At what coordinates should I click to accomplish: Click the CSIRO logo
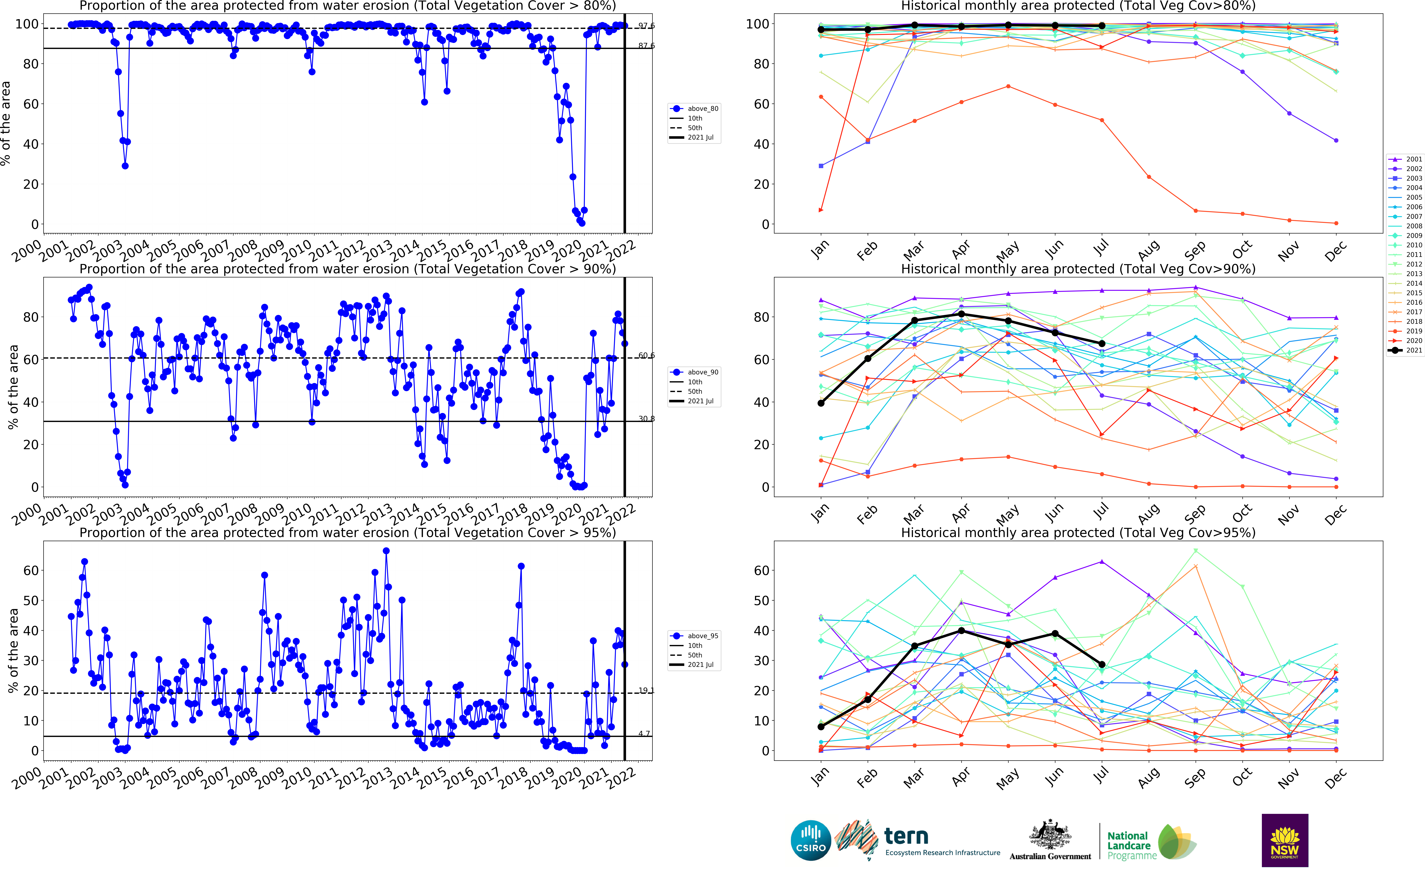pyautogui.click(x=811, y=840)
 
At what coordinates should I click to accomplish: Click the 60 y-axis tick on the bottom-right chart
pyautogui.click(x=761, y=570)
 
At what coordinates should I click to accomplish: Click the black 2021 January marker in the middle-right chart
pyautogui.click(x=821, y=403)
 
